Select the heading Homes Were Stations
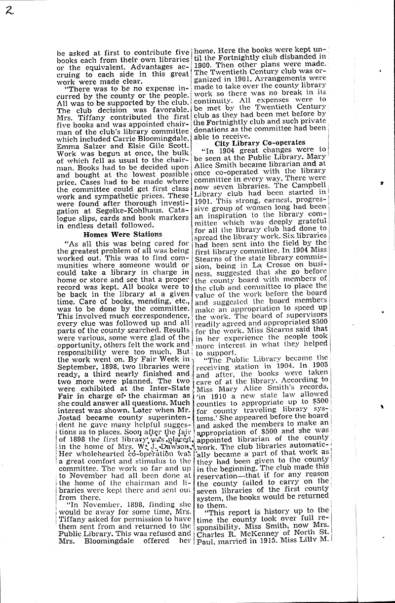[122, 234]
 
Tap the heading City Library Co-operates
[260, 142]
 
